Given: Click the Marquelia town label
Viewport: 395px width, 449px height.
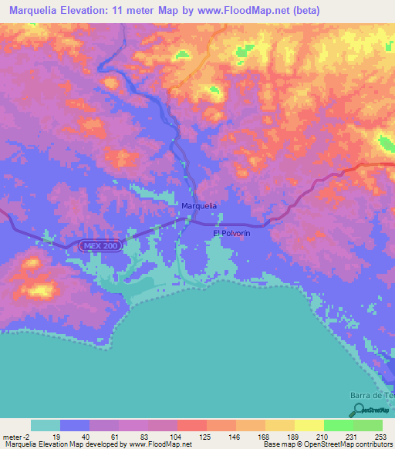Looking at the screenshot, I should tap(199, 206).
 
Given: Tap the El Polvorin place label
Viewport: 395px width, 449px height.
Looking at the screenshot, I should tap(231, 232).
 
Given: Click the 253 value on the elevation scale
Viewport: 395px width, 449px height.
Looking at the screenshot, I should tap(381, 436).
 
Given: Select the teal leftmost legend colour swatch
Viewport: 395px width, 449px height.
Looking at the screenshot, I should tap(46, 425).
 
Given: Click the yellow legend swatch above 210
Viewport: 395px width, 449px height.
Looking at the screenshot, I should tap(309, 425).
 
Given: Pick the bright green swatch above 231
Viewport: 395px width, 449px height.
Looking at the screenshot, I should tap(339, 425).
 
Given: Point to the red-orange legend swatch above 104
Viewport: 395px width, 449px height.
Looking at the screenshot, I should tap(192, 425).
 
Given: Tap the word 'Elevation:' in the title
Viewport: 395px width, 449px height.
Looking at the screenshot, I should tap(86, 11).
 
